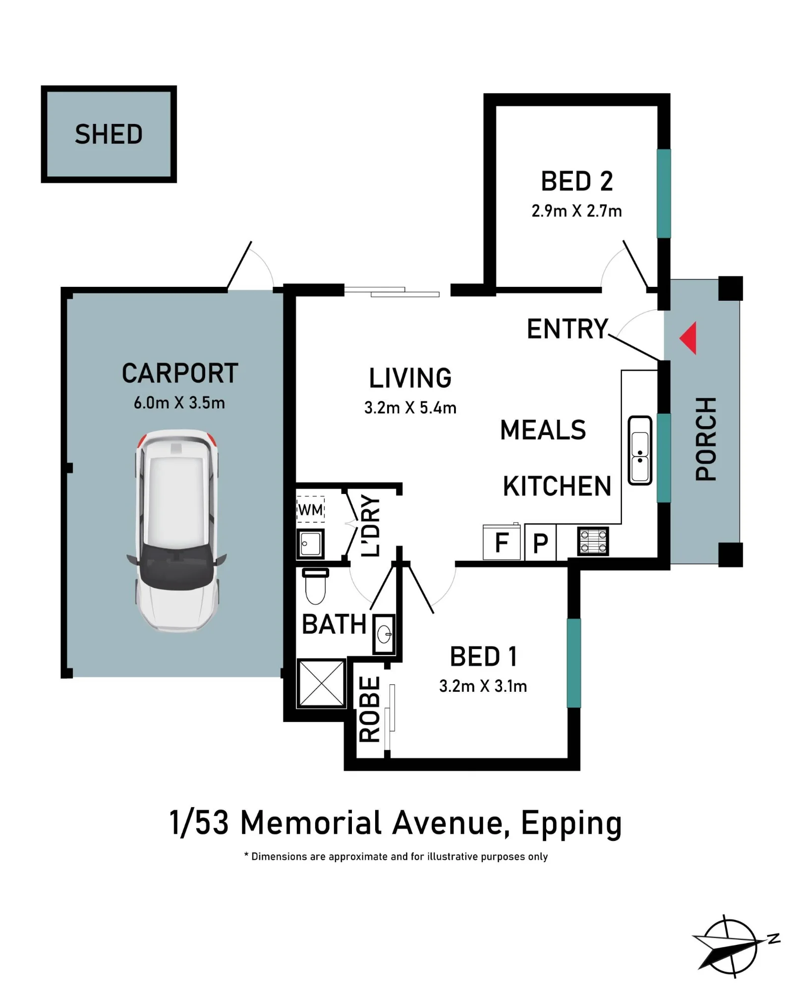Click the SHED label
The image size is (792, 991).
pos(109,134)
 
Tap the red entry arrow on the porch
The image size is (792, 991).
pos(688,338)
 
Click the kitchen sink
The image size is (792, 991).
pos(639,450)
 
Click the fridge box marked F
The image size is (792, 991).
pos(502,542)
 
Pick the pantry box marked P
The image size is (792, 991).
pos(540,543)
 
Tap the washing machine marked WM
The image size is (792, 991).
pos(311,509)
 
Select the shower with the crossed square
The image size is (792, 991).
pos(322,683)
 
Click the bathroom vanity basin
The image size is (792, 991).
pos(384,634)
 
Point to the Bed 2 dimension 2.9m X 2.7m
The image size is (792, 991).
pos(576,211)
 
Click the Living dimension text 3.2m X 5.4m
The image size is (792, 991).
pos(410,408)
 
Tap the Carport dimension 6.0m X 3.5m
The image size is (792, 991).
pos(179,403)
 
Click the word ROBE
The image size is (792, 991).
pos(370,709)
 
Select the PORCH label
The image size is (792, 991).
pos(706,439)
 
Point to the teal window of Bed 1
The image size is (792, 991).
pos(573,662)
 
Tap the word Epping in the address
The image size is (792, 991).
pos(571,824)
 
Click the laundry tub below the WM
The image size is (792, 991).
pos(310,544)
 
